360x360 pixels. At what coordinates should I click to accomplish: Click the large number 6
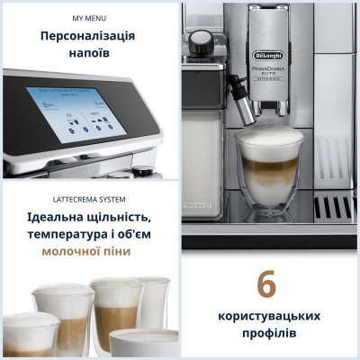(265, 284)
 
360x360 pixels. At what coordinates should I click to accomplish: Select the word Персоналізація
(88, 36)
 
